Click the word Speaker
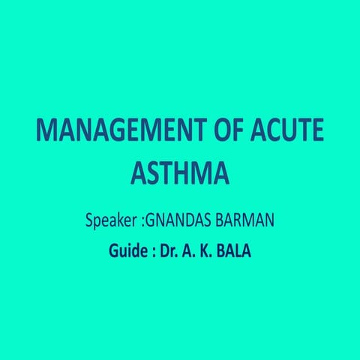111,223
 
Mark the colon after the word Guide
147,251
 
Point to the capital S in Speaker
90,223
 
